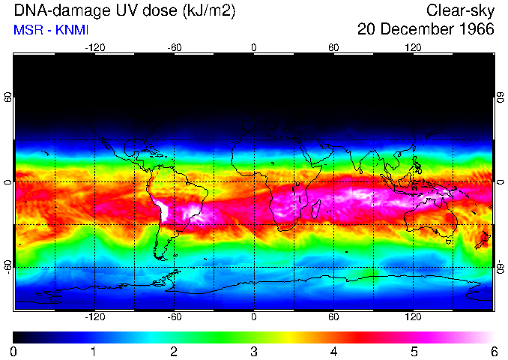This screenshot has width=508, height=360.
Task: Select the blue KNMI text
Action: click(70, 30)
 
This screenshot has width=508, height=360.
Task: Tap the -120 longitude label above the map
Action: click(94, 47)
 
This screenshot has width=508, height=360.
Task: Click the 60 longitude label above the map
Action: click(333, 47)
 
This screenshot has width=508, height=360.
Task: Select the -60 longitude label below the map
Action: click(174, 316)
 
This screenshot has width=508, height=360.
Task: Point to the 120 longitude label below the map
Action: click(413, 316)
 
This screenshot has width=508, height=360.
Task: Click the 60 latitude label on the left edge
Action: click(7, 99)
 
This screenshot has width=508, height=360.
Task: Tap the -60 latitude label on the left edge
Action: click(7, 266)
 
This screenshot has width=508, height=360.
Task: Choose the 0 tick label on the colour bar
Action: click(14, 351)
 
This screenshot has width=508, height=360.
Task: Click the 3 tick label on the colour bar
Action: click(253, 351)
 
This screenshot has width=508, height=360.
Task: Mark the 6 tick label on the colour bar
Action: click(493, 351)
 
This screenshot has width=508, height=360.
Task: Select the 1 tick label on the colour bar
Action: click(94, 351)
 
